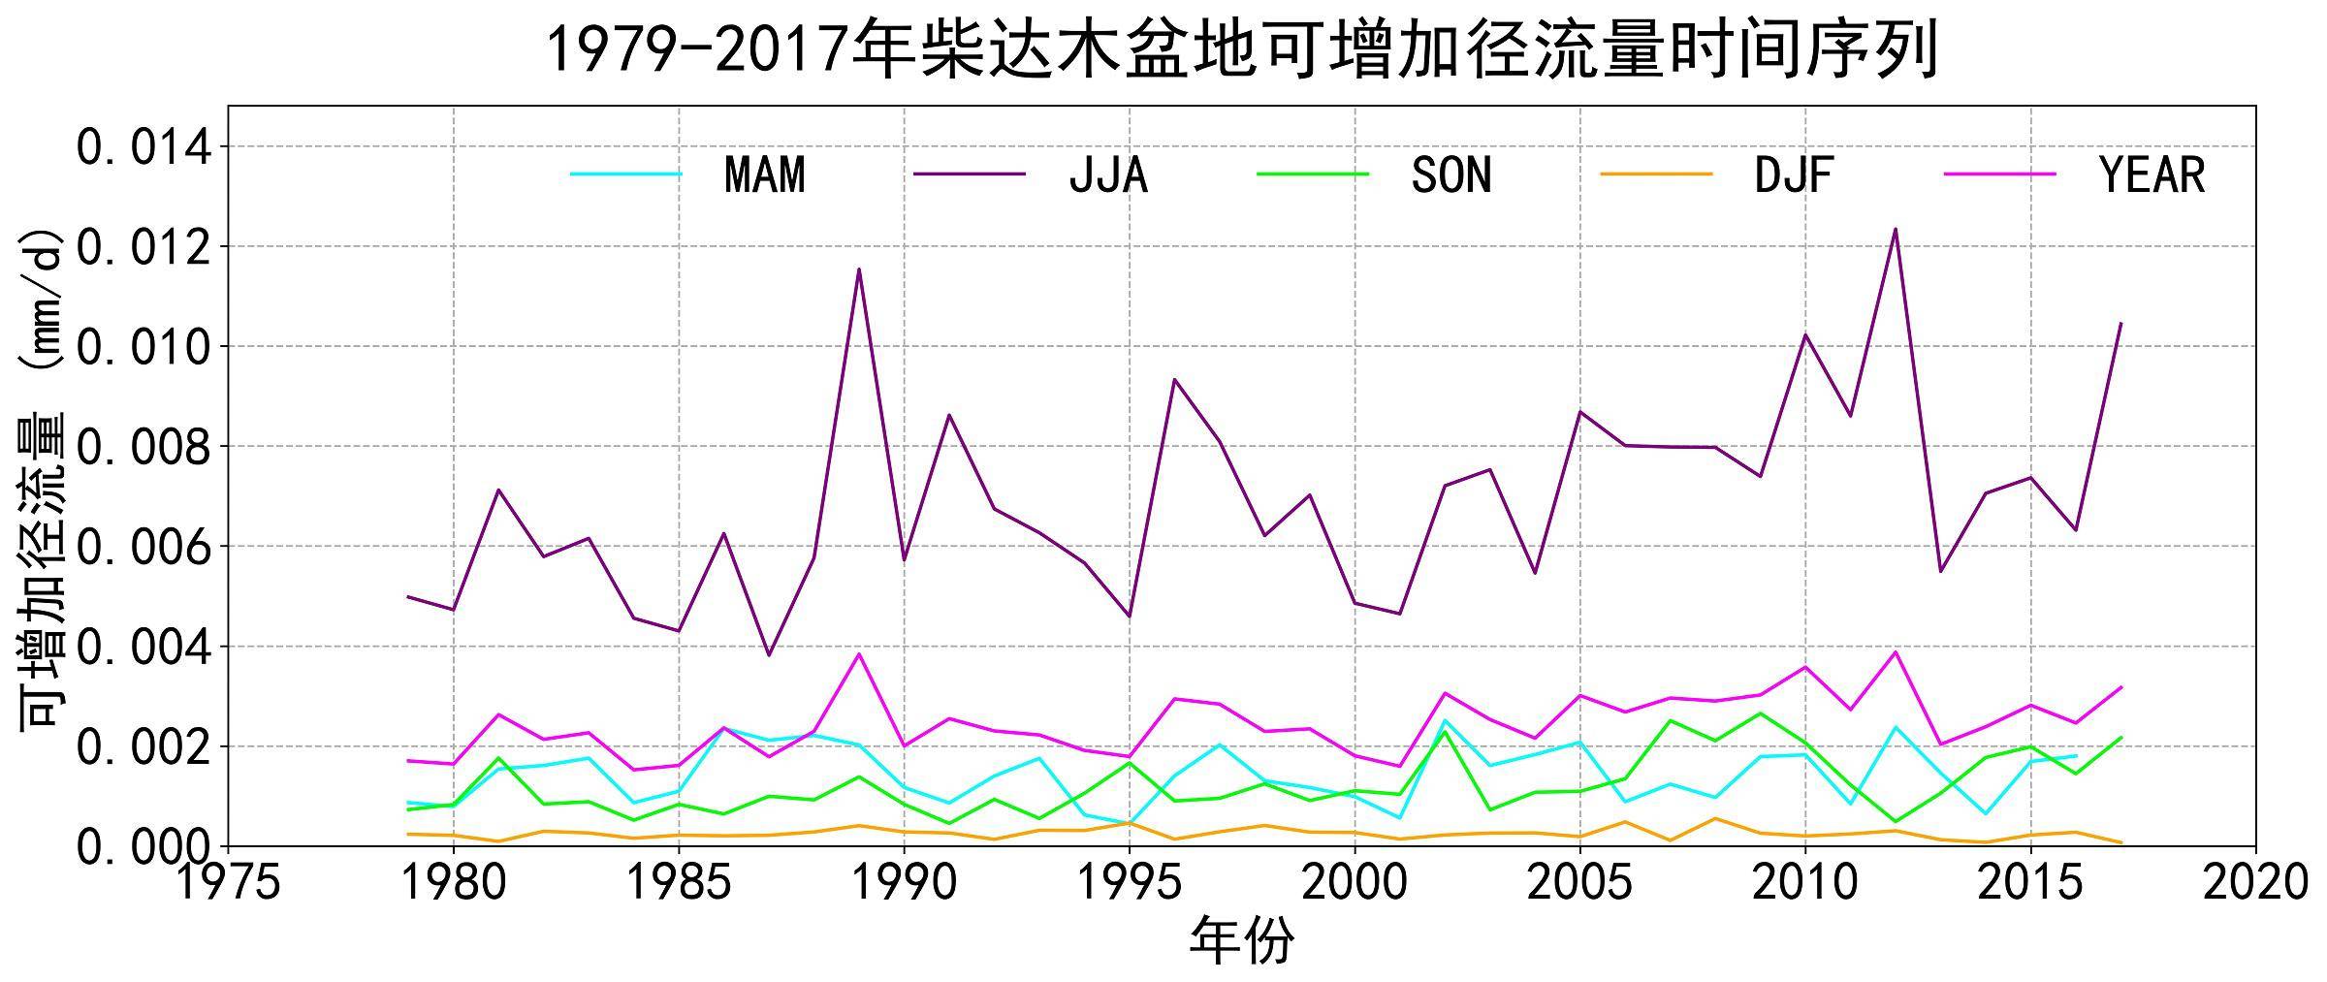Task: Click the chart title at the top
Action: coord(1242,50)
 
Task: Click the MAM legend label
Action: coord(764,175)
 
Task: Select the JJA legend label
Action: coord(1107,175)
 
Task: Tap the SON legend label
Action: coord(1450,175)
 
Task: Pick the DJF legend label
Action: coord(1794,175)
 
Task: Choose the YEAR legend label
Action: coord(2152,175)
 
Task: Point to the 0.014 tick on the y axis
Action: coord(143,147)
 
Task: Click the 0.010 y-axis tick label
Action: coord(143,347)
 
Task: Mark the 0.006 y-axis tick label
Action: coord(143,547)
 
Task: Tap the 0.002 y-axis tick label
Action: coord(143,747)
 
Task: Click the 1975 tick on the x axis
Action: coord(228,883)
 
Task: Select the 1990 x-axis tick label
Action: coord(904,883)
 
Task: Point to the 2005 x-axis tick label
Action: coord(1579,883)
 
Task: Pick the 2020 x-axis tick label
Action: coord(2255,883)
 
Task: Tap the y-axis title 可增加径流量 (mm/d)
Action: coord(41,480)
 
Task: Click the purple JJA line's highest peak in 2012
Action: coord(1896,230)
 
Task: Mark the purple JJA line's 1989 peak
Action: coord(859,269)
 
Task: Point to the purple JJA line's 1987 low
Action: coord(769,655)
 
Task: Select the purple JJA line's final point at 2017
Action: coord(2120,323)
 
